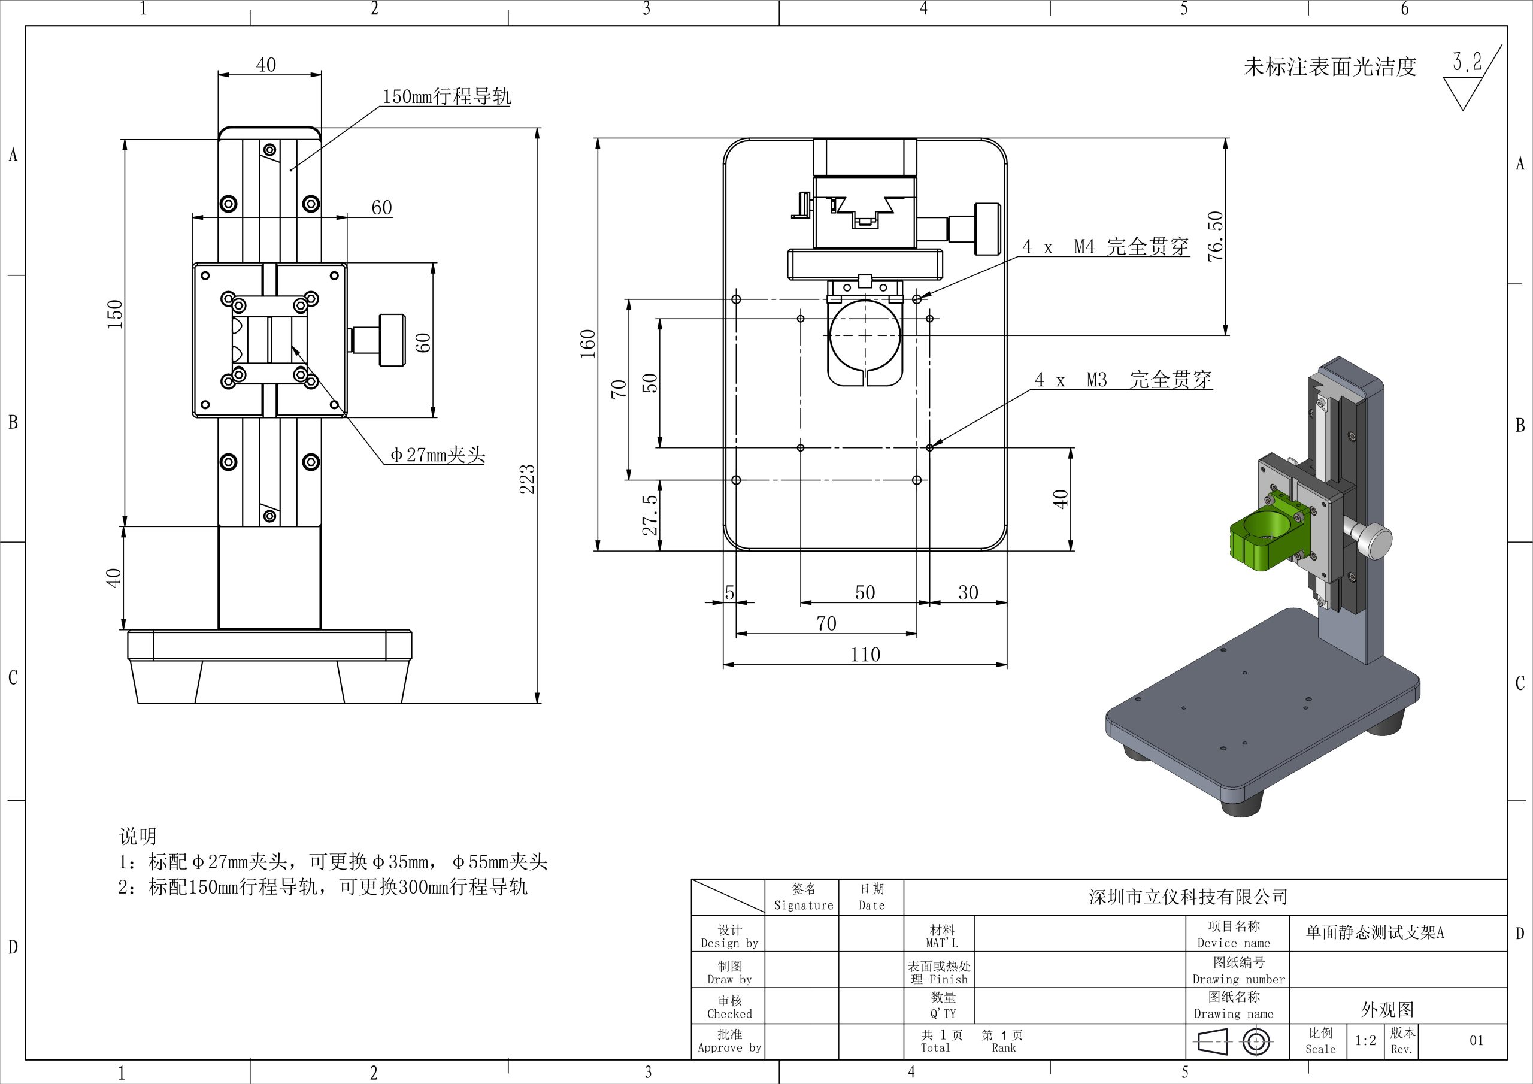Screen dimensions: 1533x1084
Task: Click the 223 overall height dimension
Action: [528, 479]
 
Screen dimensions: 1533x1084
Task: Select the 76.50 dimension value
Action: [1216, 236]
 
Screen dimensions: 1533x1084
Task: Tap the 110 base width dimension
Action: [865, 655]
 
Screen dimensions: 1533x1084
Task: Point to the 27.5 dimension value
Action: [650, 514]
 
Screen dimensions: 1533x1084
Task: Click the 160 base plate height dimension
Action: [587, 344]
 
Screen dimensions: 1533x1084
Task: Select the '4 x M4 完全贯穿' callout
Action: [1105, 247]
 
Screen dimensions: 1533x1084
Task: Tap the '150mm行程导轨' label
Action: [447, 96]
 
